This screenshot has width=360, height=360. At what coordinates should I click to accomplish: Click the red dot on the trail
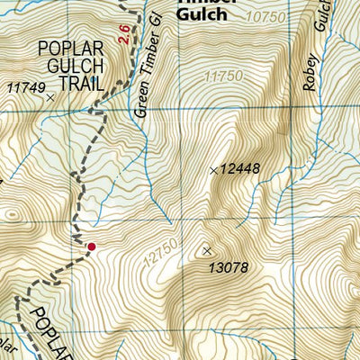point(90,246)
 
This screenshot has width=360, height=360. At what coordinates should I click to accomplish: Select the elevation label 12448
point(240,169)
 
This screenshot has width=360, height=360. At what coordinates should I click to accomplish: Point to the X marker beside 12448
point(213,169)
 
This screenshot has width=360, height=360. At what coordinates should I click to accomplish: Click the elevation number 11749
point(25,86)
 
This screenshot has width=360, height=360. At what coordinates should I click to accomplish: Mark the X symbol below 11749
point(50,96)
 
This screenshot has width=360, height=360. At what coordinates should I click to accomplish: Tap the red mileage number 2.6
point(122,33)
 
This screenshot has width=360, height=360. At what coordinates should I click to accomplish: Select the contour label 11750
point(223,76)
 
